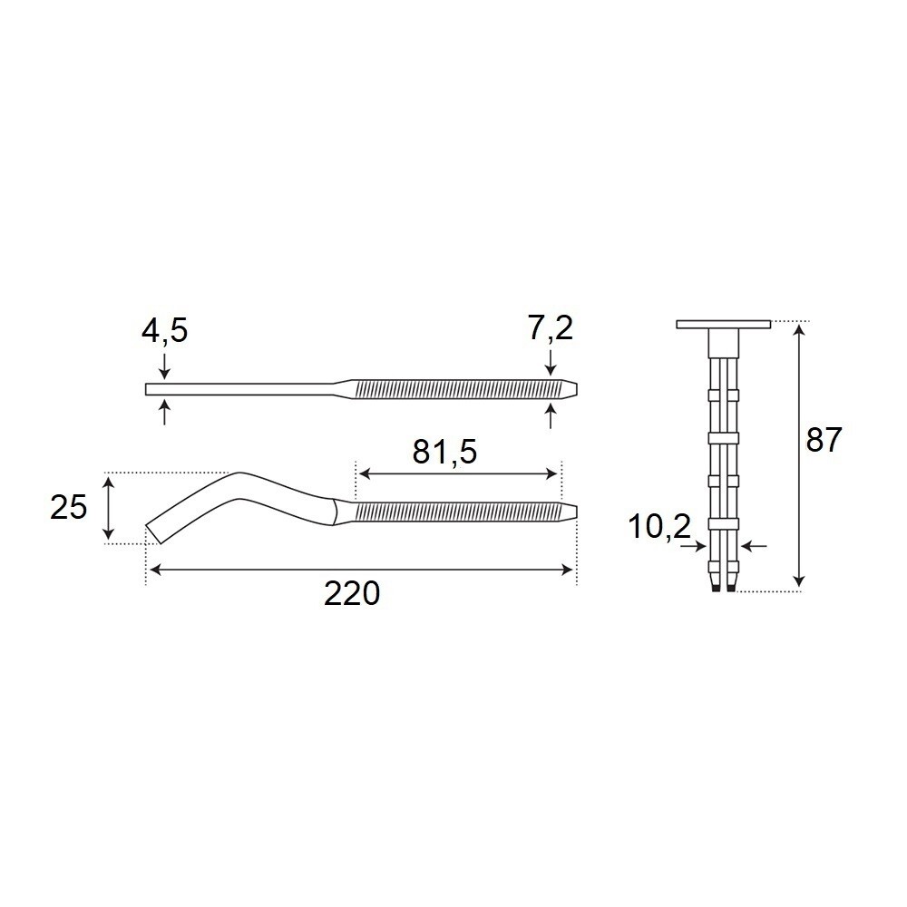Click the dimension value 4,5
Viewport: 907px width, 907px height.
click(165, 331)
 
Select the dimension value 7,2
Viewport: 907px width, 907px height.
click(551, 328)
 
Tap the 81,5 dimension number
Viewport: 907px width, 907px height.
click(444, 452)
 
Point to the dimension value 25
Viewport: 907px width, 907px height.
click(68, 507)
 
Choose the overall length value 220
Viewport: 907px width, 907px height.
click(352, 593)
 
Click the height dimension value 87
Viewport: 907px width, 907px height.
click(824, 441)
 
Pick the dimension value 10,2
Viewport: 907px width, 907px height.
click(660, 527)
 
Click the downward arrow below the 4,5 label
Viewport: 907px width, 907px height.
click(165, 366)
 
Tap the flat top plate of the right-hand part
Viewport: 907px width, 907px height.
click(724, 325)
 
